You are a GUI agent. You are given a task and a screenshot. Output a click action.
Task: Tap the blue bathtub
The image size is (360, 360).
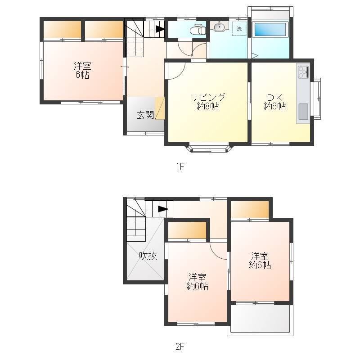coord(271,29)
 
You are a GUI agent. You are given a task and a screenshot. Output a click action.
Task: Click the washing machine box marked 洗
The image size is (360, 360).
coord(239,29)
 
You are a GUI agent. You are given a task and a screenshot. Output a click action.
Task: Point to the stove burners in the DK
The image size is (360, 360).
coord(303,72)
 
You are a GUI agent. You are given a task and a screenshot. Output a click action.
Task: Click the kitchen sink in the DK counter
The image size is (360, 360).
coord(303,112)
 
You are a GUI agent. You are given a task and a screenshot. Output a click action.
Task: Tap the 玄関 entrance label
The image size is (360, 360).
coord(145,115)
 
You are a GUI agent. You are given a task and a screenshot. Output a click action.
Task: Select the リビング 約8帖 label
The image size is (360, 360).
coord(208,102)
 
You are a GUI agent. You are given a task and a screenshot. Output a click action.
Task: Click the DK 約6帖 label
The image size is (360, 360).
coord(275,102)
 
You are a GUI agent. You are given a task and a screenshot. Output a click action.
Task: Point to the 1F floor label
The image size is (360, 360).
coord(180,166)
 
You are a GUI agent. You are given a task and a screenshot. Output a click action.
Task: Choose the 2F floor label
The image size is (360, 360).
coord(180,346)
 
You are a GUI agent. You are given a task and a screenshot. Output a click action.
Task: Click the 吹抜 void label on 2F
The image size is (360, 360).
coord(148,256)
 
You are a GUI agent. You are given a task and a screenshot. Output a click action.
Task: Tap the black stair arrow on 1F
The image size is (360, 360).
coord(160,29)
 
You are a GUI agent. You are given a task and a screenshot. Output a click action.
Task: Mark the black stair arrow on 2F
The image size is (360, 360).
coord(163,209)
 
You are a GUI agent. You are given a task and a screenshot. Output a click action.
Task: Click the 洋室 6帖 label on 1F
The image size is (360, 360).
coord(82,71)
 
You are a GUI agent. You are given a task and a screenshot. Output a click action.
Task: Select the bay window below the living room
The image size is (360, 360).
coord(209,148)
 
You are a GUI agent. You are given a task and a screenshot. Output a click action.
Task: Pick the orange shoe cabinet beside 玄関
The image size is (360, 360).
coord(160,108)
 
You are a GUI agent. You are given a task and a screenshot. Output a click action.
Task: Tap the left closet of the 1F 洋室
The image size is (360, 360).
coord(63,30)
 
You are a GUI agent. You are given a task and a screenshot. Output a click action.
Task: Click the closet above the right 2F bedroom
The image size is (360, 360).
coord(250,210)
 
